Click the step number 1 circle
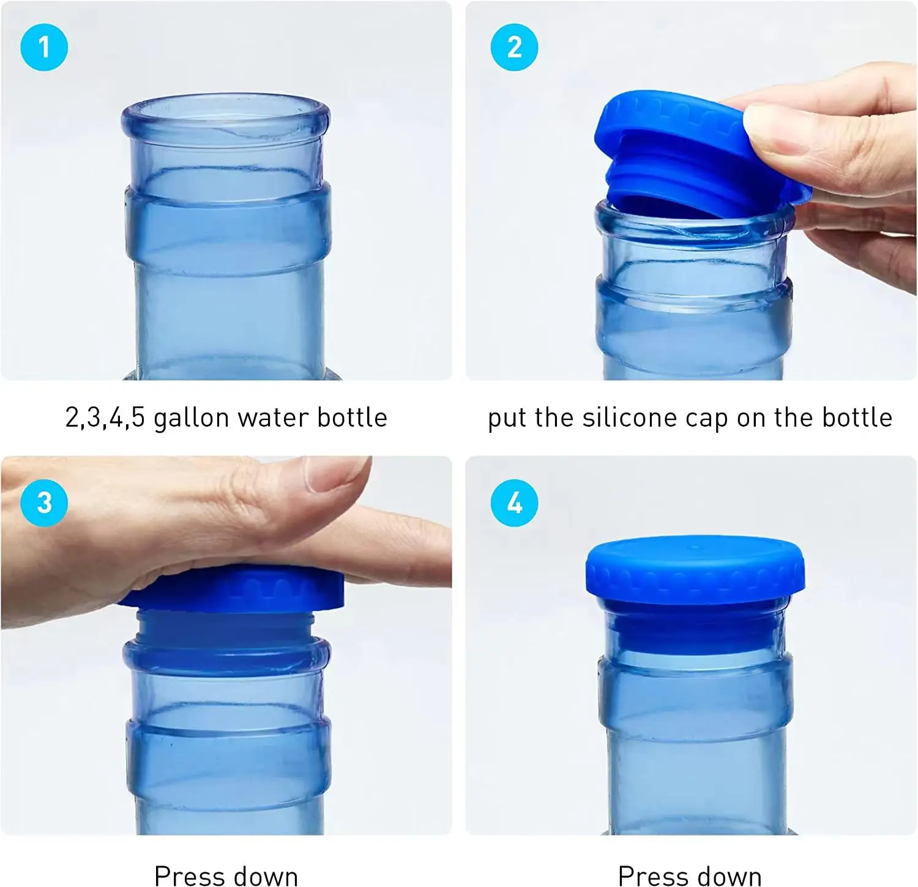[x=44, y=48]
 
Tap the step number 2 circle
[x=514, y=48]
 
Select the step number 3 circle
[x=44, y=503]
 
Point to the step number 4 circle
[x=514, y=503]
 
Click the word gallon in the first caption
[x=191, y=418]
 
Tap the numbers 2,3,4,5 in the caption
[x=105, y=418]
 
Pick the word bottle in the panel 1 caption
[x=352, y=418]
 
